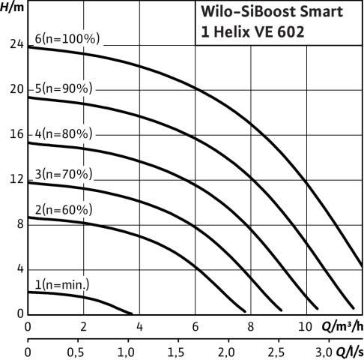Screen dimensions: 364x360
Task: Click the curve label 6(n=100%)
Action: (67, 39)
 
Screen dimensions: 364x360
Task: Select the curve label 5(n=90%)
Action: (64, 88)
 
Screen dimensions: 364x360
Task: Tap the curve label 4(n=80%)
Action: (64, 133)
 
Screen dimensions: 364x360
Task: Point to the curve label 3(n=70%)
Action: (64, 174)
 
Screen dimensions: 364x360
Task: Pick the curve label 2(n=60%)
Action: (64, 210)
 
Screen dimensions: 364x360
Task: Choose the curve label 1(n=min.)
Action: (62, 285)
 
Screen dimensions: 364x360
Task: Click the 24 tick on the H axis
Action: (16, 44)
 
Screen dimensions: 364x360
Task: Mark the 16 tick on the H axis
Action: (16, 134)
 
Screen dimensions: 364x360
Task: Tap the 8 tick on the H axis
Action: (20, 223)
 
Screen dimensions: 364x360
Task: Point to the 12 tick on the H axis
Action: (16, 179)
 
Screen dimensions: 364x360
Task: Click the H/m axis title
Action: (12, 7)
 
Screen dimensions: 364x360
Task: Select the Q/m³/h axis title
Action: (342, 326)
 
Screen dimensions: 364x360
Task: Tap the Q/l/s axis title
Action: (350, 352)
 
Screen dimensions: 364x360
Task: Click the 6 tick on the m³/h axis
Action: (195, 327)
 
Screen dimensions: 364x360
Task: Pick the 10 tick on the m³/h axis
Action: (305, 327)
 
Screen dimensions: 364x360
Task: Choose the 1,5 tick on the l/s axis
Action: (176, 352)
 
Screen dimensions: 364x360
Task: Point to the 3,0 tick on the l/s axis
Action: (324, 352)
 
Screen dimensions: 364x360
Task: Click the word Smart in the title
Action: (321, 11)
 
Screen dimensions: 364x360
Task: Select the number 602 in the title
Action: (291, 32)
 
